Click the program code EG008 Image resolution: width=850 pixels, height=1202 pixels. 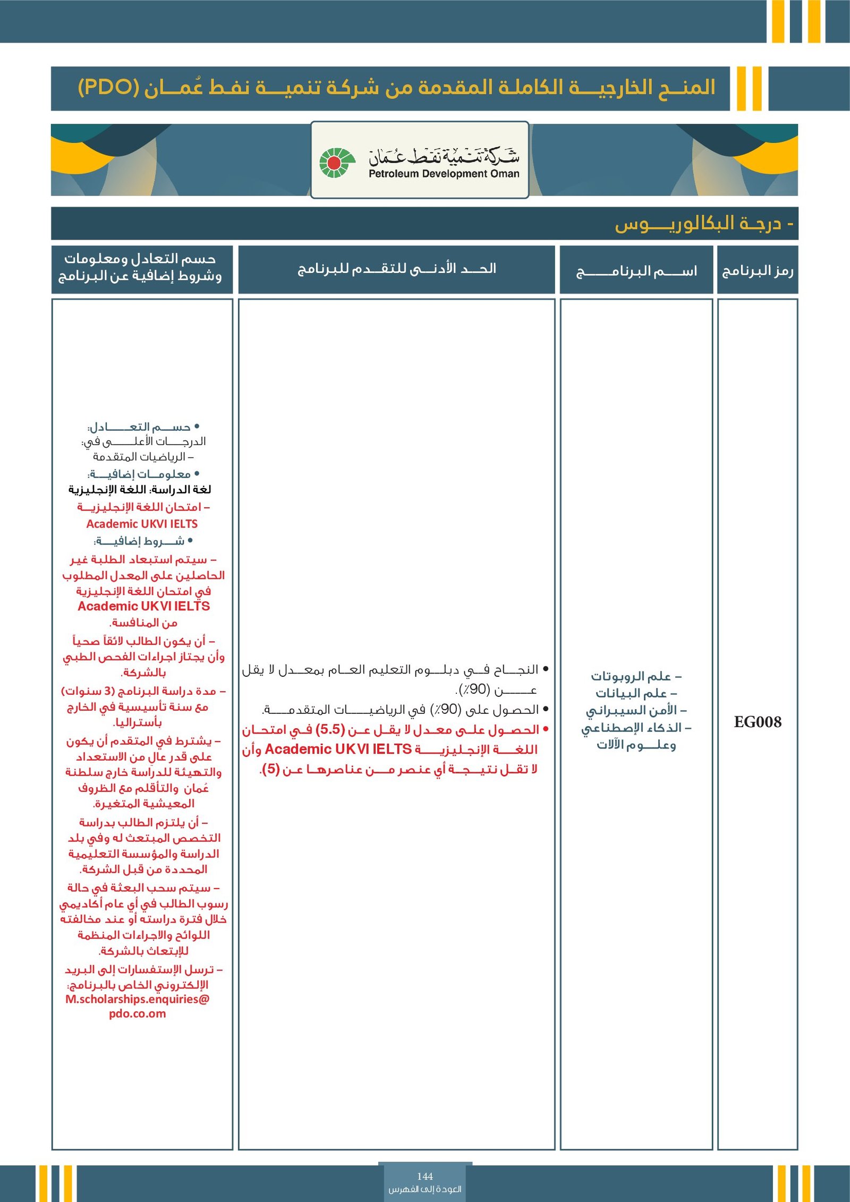pyautogui.click(x=757, y=722)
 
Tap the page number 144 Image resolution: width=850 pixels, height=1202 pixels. pyautogui.click(x=424, y=1176)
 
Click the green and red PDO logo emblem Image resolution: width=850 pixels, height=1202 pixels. pyautogui.click(x=337, y=163)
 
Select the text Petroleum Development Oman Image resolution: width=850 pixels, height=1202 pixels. pyautogui.click(x=444, y=174)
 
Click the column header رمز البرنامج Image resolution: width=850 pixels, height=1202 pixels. pyautogui.click(x=757, y=271)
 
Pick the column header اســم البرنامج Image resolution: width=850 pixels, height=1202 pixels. pyautogui.click(x=636, y=271)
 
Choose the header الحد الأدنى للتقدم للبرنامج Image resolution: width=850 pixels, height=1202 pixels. pyautogui.click(x=396, y=269)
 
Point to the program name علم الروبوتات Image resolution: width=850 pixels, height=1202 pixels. pyautogui.click(x=636, y=676)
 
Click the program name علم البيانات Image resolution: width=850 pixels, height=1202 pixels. pyautogui.click(x=636, y=693)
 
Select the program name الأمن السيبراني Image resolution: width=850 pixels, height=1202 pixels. pyautogui.click(x=636, y=710)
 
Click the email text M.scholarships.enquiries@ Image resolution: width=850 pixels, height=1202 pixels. pyautogui.click(x=138, y=999)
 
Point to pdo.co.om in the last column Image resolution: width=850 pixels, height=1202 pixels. pyautogui.click(x=138, y=1013)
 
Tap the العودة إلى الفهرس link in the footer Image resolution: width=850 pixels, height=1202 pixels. pyautogui.click(x=424, y=1189)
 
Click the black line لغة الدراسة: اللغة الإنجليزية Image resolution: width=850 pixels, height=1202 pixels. pyautogui.click(x=140, y=489)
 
